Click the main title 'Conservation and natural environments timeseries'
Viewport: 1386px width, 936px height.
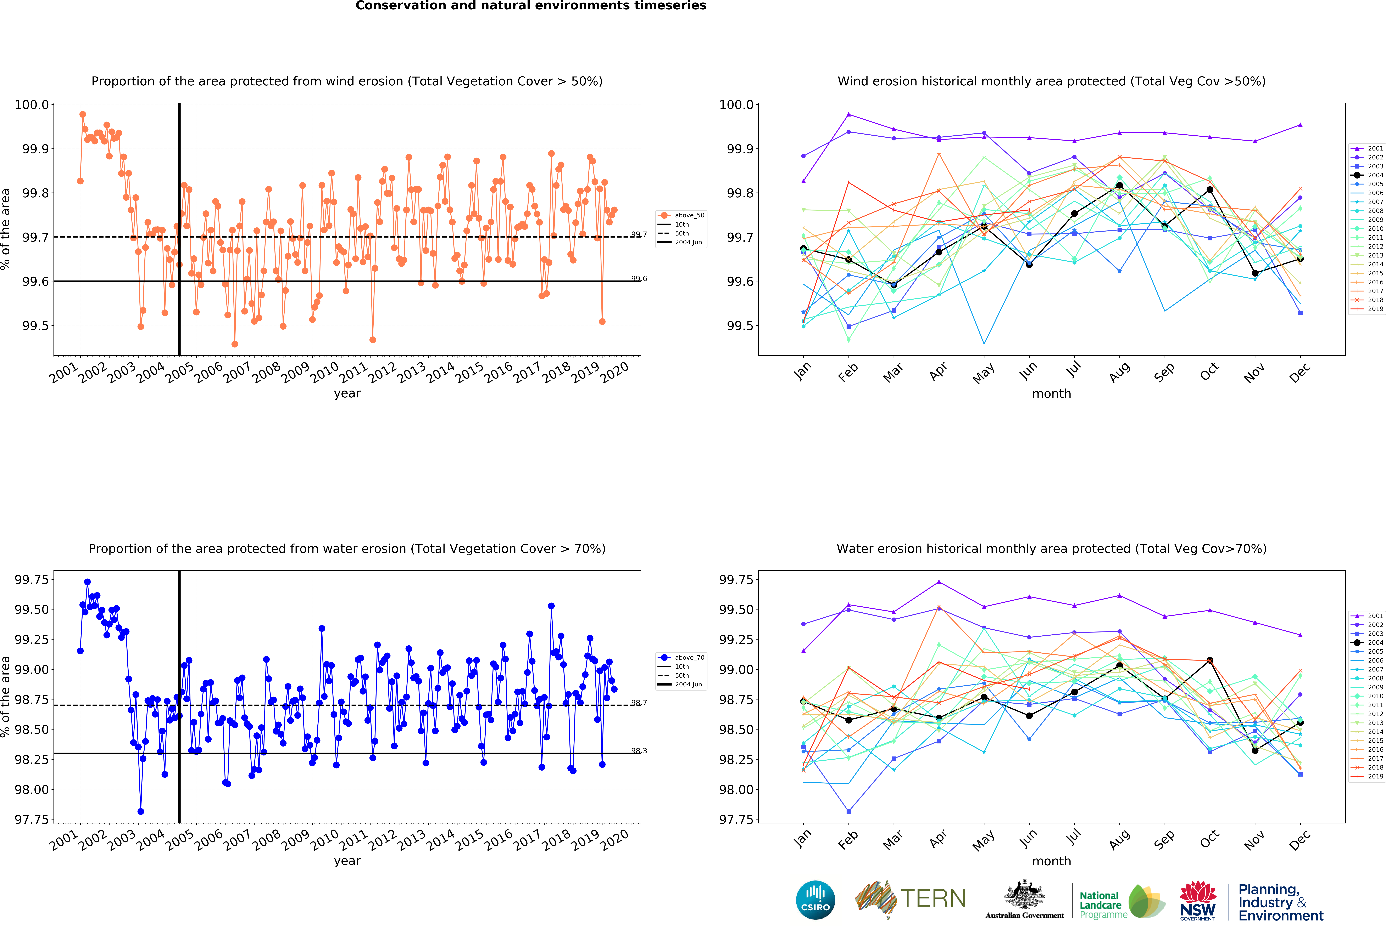[531, 6]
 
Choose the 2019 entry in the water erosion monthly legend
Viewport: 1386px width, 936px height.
[1368, 776]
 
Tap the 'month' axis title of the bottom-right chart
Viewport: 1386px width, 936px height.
[1051, 861]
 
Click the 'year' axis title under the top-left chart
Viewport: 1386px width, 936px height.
[347, 393]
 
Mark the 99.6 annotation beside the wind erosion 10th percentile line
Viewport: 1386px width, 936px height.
[639, 278]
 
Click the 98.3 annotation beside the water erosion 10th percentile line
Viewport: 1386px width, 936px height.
[639, 751]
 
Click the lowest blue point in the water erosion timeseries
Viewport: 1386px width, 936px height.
[141, 811]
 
